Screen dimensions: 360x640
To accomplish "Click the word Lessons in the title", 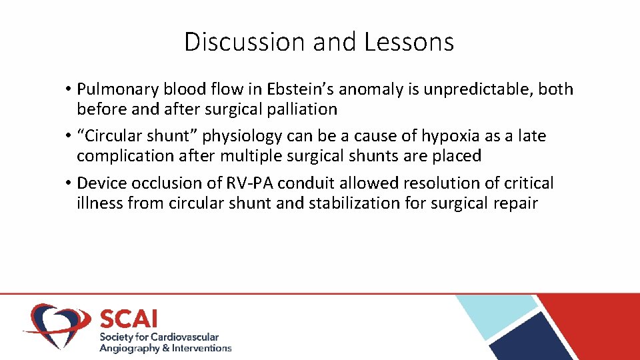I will pyautogui.click(x=409, y=42).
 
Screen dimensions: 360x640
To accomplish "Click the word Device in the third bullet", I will pyautogui.click(x=99, y=183).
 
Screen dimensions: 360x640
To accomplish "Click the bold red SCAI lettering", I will pyautogui.click(x=129, y=319).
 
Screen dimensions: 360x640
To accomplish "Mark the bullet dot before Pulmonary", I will pyautogui.click(x=69, y=90).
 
